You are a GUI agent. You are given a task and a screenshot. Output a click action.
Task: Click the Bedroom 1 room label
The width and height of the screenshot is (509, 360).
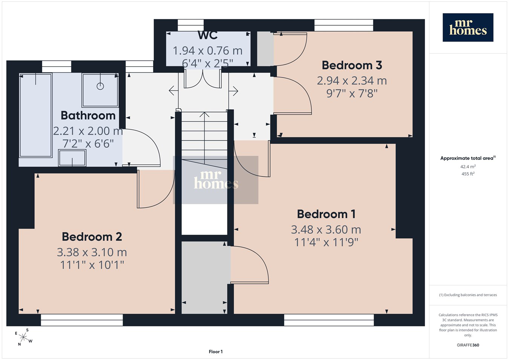pyautogui.click(x=326, y=214)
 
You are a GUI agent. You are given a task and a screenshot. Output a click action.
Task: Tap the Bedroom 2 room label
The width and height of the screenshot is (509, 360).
pyautogui.click(x=92, y=237)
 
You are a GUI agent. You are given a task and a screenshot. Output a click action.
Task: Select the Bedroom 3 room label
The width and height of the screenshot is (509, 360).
pyautogui.click(x=352, y=65)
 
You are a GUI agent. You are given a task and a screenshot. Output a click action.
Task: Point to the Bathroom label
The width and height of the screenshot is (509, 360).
pyautogui.click(x=88, y=115)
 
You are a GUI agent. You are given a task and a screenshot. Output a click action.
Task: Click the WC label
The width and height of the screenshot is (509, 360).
pyautogui.click(x=207, y=35)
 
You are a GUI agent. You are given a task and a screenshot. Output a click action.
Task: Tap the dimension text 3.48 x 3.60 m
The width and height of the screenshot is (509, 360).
pyautogui.click(x=326, y=230)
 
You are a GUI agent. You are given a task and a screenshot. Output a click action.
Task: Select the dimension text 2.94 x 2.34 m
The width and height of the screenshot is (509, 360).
pyautogui.click(x=352, y=81)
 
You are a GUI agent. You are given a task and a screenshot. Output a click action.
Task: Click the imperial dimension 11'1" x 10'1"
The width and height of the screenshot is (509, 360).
pyautogui.click(x=92, y=265)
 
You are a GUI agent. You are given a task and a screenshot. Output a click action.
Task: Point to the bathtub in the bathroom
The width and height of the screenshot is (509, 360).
pyautogui.click(x=36, y=115)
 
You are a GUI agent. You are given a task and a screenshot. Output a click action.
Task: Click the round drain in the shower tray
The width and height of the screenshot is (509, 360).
pyautogui.click(x=100, y=86)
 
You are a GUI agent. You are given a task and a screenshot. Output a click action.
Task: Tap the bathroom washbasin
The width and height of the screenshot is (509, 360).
pyautogui.click(x=72, y=158)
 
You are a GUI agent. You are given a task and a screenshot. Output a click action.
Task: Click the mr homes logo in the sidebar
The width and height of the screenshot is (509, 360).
pyautogui.click(x=468, y=28)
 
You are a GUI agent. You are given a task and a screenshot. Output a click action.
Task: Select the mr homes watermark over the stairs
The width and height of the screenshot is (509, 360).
pyautogui.click(x=216, y=180)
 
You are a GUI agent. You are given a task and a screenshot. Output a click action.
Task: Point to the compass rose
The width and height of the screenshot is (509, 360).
pyautogui.click(x=23, y=337)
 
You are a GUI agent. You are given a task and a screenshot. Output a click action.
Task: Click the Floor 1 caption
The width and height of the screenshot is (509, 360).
pyautogui.click(x=216, y=352)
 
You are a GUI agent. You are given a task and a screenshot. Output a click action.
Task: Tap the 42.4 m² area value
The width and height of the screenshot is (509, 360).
pyautogui.click(x=468, y=167)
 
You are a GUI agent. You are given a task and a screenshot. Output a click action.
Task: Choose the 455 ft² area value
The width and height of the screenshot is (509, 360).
pyautogui.click(x=468, y=174)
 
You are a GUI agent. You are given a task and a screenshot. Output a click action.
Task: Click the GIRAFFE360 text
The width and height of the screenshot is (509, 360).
pyautogui.click(x=468, y=345)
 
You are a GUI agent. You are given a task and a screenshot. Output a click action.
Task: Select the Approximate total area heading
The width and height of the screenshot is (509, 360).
pyautogui.click(x=468, y=158)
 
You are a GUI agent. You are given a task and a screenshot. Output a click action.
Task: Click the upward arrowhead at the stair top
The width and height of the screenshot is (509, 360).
pyautogui.click(x=204, y=114)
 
